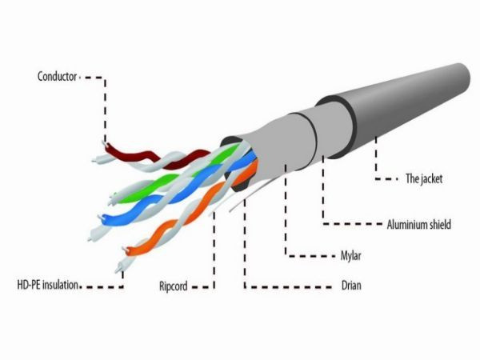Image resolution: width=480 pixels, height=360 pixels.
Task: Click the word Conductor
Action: coord(57,76)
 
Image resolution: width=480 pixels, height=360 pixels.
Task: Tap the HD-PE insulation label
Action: coord(48,285)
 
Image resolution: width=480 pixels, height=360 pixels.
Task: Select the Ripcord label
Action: coord(174,286)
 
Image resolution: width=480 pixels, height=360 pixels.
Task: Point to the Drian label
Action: coord(351,286)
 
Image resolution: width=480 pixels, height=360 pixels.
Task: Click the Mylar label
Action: coord(351,256)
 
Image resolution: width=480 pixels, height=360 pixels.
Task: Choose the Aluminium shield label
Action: coord(418,225)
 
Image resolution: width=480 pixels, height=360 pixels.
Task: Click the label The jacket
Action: coord(424,178)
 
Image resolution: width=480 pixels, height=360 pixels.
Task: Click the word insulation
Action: coord(60,285)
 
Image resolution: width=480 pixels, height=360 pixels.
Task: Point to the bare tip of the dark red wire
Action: coord(104,143)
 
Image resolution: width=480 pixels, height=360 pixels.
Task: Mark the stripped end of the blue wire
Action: coord(100,218)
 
